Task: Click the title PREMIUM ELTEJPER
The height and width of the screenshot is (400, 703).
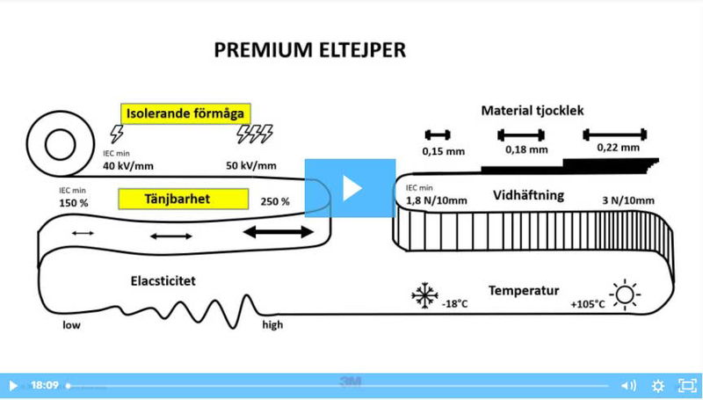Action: coord(310,50)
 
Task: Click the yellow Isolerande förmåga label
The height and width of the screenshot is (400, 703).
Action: coord(185,113)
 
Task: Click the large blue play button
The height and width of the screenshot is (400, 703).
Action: coord(350,187)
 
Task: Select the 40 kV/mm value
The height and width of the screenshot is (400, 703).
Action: coord(128,166)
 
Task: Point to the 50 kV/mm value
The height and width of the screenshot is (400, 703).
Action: coord(251,166)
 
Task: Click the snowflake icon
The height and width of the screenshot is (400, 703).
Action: coord(424,295)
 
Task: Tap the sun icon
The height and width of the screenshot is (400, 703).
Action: coord(625,295)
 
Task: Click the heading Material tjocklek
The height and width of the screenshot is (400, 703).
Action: coord(533,111)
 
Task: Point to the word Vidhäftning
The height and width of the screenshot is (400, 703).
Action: coord(528,194)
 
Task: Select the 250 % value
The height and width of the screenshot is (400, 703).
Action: coord(275,201)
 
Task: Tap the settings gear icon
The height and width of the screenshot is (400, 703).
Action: coord(658,385)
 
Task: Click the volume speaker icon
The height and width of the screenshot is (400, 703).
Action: coord(628,385)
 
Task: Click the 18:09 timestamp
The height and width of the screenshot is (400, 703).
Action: coord(44,385)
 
